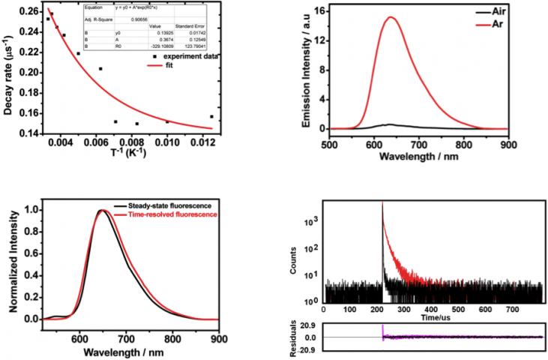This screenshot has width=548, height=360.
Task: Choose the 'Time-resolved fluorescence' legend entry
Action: (166, 214)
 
